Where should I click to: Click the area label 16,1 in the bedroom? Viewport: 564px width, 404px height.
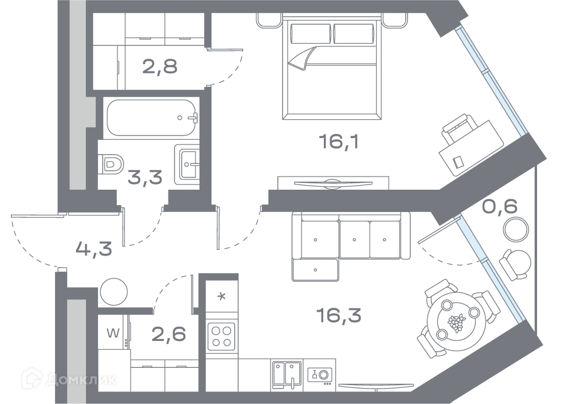point(339,141)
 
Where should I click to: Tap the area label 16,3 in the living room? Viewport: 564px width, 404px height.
point(339,315)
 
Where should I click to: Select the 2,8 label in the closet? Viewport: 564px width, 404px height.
point(160,66)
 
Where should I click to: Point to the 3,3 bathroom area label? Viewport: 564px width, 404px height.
point(145,177)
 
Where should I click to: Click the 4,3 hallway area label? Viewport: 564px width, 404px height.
point(94,249)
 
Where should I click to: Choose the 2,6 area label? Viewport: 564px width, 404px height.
point(169,334)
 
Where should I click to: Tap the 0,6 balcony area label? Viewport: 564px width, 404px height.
point(500,206)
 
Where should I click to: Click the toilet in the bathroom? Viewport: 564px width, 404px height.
point(111,165)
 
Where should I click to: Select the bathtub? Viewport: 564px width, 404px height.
point(151,117)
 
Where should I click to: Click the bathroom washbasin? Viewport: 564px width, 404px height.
point(187,164)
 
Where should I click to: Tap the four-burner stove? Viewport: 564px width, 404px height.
point(221,336)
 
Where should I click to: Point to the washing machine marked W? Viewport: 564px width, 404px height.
point(113,333)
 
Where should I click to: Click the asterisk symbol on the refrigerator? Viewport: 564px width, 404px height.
point(222,296)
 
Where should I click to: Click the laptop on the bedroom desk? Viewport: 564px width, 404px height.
point(459,162)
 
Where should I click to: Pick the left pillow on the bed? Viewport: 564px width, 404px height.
point(311,33)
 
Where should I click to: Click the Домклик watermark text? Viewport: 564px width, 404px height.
point(81,380)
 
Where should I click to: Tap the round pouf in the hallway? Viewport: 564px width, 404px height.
point(114,292)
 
